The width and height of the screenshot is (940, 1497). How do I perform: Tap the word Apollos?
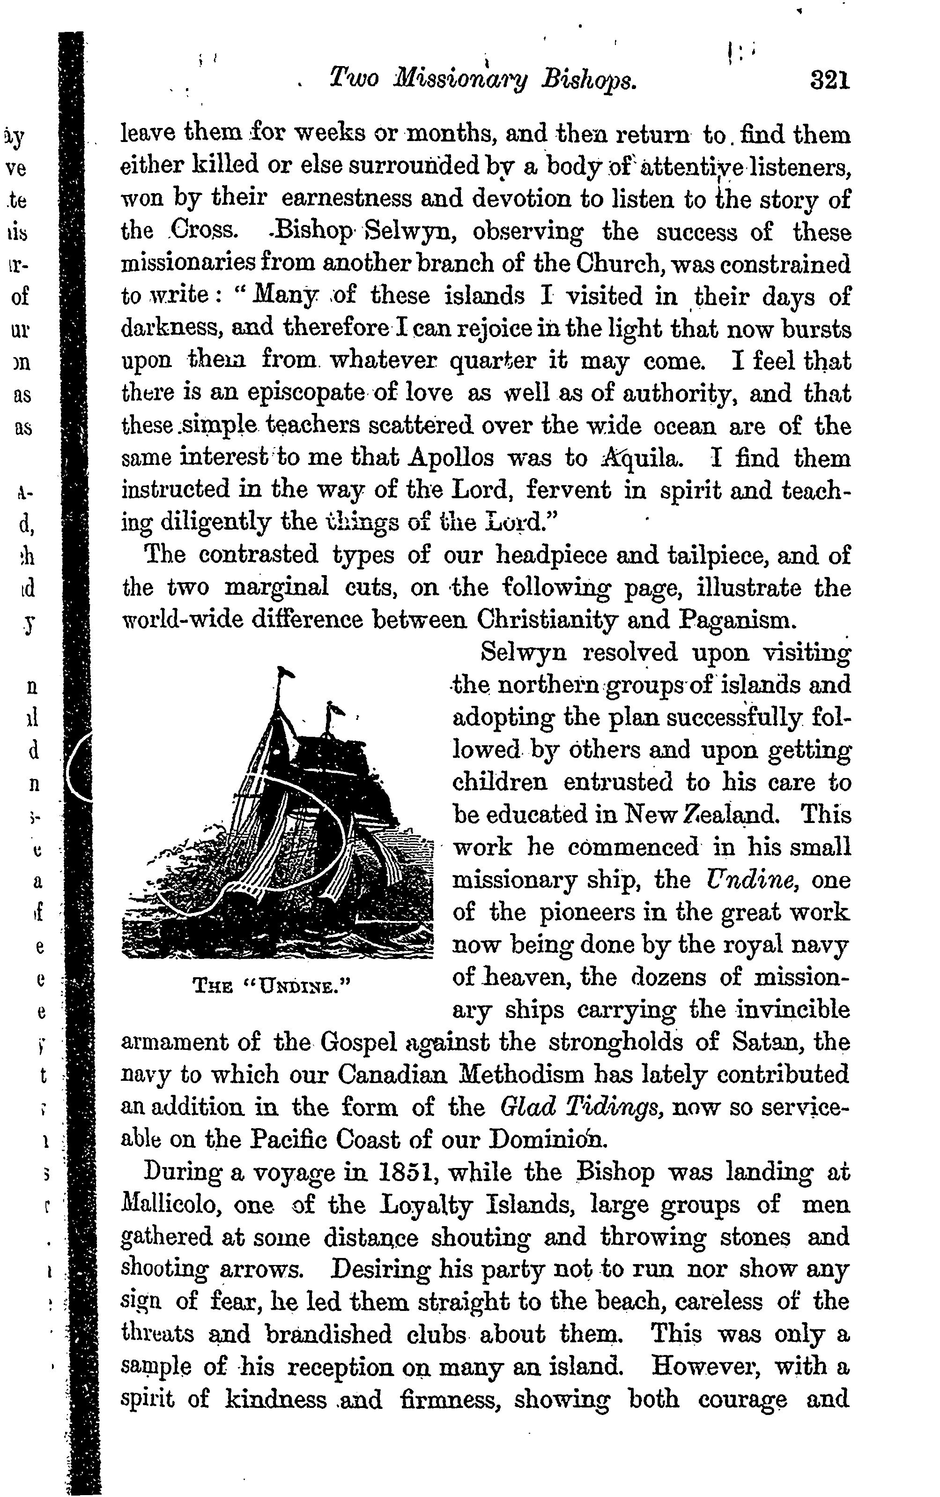point(451,458)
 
